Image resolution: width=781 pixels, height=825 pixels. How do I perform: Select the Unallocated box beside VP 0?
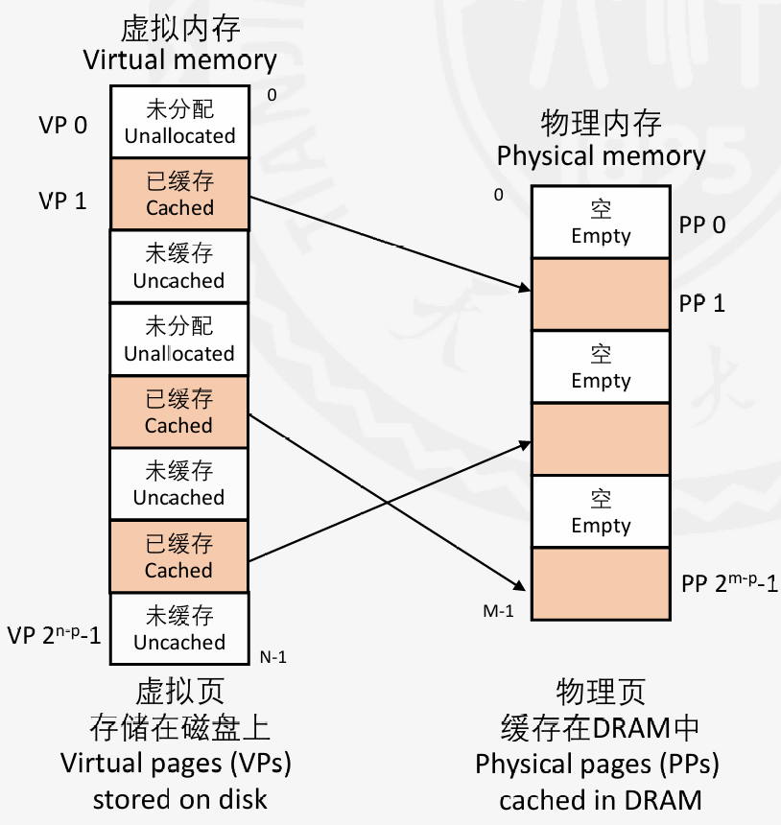179,122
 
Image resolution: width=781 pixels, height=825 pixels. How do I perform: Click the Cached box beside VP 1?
179,194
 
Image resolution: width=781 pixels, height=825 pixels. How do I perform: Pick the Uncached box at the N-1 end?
179,628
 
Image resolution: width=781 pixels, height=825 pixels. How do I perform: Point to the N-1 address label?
273,657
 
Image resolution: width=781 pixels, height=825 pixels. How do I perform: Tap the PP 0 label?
703,224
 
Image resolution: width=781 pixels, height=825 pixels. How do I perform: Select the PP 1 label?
703,303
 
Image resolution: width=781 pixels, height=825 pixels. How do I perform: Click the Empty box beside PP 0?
601,223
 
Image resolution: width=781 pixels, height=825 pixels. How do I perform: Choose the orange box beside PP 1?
601,295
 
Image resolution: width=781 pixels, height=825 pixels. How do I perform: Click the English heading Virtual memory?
179,61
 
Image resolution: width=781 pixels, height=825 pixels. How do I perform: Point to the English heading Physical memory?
602,155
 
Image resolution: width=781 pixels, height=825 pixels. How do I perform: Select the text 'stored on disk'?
179,799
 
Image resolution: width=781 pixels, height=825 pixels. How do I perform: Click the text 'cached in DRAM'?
602,800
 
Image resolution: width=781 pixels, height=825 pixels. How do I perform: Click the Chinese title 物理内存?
602,123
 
